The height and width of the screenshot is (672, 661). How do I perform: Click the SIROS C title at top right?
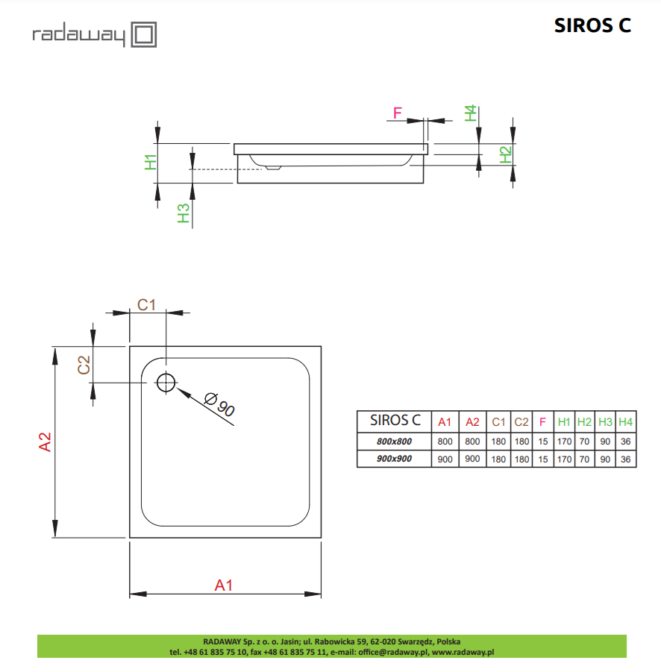coord(592,25)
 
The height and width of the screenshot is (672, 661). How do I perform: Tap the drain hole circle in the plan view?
coord(166,383)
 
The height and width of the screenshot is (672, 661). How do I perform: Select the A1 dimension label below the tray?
coord(224,585)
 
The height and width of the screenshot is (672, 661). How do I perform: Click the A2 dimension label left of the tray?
coord(45,442)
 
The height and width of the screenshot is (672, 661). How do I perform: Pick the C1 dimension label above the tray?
coord(146,304)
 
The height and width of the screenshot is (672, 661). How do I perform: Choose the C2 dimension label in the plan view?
coord(84,365)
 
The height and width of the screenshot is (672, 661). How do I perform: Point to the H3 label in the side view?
coord(184,214)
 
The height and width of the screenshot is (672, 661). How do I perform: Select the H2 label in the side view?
coord(505,154)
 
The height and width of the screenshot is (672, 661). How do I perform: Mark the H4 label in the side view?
coord(470,113)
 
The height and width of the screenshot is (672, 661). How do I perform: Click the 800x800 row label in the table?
coord(395,441)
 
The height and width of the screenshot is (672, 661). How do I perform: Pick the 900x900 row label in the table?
coord(395,459)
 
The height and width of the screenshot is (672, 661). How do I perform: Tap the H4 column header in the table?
coord(626,422)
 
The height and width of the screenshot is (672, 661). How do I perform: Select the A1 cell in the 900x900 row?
coord(445,459)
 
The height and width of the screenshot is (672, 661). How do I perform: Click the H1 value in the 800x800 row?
coord(564,441)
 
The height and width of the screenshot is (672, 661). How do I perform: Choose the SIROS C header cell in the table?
coord(395,421)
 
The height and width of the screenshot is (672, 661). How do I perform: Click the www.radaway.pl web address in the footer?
coord(463,651)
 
